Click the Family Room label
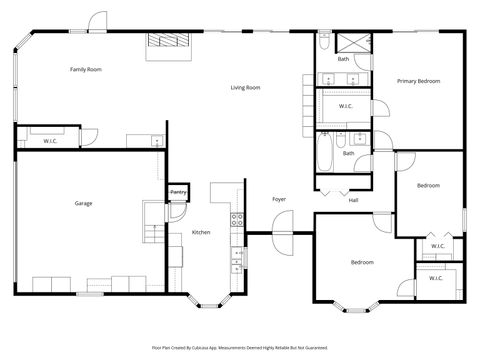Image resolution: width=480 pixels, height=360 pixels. [x=86, y=69]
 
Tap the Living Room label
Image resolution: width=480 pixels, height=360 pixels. [x=246, y=88]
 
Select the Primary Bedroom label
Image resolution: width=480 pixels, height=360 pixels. [x=418, y=80]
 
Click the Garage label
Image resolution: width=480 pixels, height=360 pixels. [x=83, y=203]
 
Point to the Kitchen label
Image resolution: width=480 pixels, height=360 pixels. [x=201, y=232]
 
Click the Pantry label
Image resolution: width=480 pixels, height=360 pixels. [x=178, y=192]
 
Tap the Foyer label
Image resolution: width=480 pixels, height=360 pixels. [x=280, y=199]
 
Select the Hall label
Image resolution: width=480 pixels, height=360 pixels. [x=353, y=200]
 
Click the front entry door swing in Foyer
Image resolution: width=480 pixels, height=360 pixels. [x=280, y=240]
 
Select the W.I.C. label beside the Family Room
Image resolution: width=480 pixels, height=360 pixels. [x=51, y=141]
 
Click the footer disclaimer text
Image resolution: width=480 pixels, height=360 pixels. [x=239, y=347]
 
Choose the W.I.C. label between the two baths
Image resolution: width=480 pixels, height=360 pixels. [x=346, y=106]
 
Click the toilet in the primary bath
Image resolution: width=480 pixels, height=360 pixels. [x=325, y=41]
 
